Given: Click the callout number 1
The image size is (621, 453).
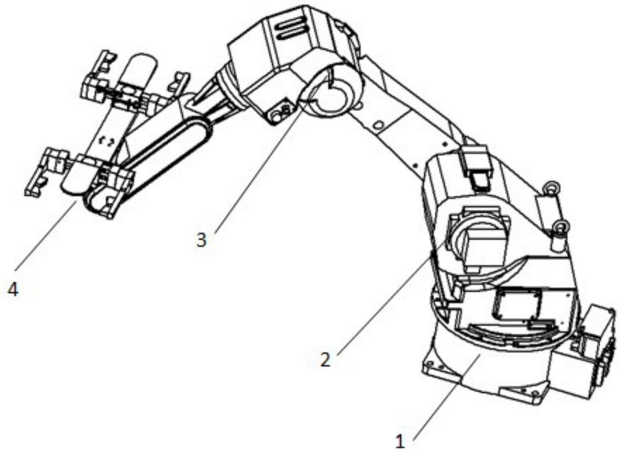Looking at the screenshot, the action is pyautogui.click(x=400, y=442).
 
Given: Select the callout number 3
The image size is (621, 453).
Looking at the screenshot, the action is pyautogui.click(x=201, y=240).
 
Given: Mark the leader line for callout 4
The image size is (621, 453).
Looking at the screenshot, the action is pyautogui.click(x=46, y=235).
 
